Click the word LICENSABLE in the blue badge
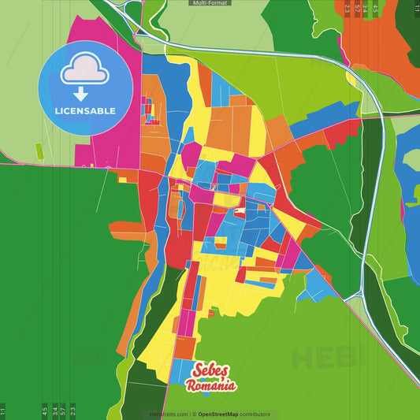click(84, 110)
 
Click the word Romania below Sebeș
click(210, 385)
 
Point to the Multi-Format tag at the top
click(210, 3)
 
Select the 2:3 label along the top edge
click(348, 9)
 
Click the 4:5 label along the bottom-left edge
click(44, 411)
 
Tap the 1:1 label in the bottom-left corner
click(3, 411)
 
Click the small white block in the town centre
click(240, 211)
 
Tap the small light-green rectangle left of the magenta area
click(38, 149)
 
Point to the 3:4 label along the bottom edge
click(54, 411)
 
